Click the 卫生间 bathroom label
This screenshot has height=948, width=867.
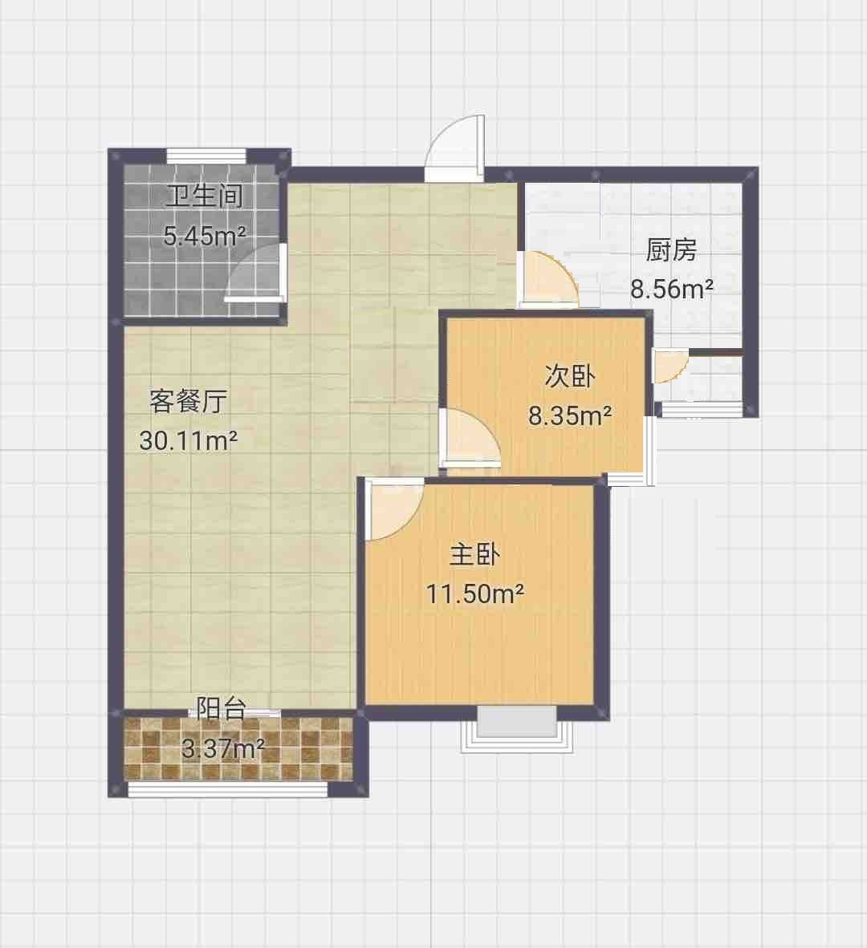[x=205, y=196]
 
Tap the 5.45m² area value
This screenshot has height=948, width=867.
[x=205, y=236]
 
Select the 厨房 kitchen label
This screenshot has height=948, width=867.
[x=671, y=250]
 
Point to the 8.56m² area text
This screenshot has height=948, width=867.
[x=672, y=289]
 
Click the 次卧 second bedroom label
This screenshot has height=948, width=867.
[x=570, y=377]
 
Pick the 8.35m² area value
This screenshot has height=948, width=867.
[x=570, y=415]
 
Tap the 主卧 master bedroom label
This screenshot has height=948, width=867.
[x=475, y=554]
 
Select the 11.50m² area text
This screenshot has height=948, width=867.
[x=475, y=594]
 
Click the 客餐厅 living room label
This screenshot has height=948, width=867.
[x=188, y=401]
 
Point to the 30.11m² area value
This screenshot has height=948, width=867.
[x=188, y=440]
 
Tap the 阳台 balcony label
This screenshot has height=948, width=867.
[x=221, y=709]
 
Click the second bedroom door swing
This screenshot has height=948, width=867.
[x=470, y=439]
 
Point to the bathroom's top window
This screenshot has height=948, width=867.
[x=206, y=156]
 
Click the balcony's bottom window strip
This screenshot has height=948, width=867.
[x=228, y=789]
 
